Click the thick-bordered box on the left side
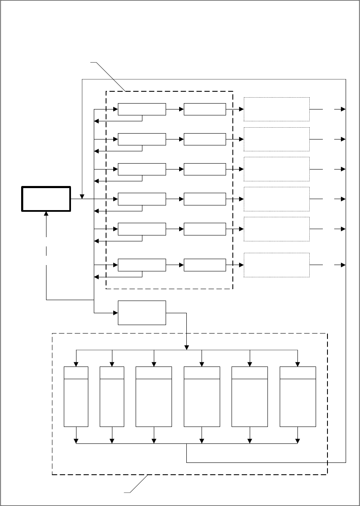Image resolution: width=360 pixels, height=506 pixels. [x=46, y=199]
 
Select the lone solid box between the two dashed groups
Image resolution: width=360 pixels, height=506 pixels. [x=142, y=313]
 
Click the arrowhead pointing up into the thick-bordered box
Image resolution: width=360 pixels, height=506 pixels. [x=46, y=214]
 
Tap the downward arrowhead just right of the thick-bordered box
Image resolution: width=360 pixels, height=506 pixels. [x=82, y=197]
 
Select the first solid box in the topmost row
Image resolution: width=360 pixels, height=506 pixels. [x=142, y=109]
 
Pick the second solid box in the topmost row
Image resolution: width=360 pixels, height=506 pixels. [x=205, y=109]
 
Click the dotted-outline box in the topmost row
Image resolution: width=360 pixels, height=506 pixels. [x=277, y=109]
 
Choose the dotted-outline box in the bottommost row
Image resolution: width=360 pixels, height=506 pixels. [x=277, y=265]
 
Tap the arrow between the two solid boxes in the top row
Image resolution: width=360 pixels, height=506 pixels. [x=175, y=109]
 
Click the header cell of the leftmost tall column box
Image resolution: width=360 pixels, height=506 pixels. [x=76, y=373]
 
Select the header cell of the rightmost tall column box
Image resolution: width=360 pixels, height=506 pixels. [x=298, y=373]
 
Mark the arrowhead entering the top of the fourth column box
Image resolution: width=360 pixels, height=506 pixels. [x=202, y=364]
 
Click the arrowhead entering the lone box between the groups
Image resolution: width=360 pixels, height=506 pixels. [x=115, y=313]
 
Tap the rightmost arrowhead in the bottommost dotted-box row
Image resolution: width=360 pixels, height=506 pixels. [x=343, y=265]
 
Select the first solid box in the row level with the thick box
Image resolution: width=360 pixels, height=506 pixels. [x=142, y=199]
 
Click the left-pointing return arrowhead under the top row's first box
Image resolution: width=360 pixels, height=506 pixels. [x=96, y=121]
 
